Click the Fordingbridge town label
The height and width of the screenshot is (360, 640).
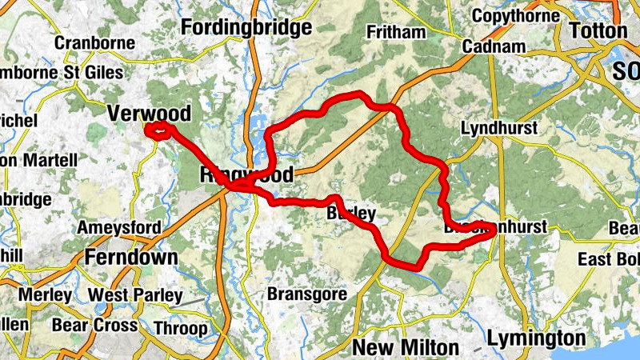point(246,29)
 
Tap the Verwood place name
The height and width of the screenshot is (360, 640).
point(149,113)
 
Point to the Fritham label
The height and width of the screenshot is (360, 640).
point(394,32)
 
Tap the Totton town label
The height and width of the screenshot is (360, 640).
point(598,30)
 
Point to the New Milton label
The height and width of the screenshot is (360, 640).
point(406,346)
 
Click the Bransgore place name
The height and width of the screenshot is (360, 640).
point(307,294)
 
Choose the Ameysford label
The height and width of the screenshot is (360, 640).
point(118,228)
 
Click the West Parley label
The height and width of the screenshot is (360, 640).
point(134,295)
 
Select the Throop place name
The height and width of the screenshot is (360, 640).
point(180,328)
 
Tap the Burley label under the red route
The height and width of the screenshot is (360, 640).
point(352,214)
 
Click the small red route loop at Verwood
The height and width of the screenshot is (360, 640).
point(158,130)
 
